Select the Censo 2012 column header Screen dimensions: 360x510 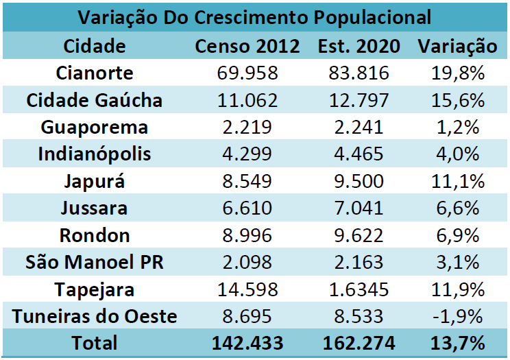247,47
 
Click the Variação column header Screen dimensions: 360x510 457,47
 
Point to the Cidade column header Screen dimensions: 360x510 95,47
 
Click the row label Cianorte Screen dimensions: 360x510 95,73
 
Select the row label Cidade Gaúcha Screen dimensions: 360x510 95,100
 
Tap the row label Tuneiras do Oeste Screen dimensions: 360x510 95,316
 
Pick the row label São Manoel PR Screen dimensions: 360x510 95,262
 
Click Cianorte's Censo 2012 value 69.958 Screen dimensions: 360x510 247,73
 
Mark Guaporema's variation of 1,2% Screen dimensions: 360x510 457,128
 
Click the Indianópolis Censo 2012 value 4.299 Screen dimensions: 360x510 247,154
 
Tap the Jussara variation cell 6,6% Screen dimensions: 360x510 457,208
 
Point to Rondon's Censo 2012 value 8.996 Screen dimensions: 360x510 247,235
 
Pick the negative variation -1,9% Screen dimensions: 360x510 457,316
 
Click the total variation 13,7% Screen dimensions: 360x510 457,343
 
